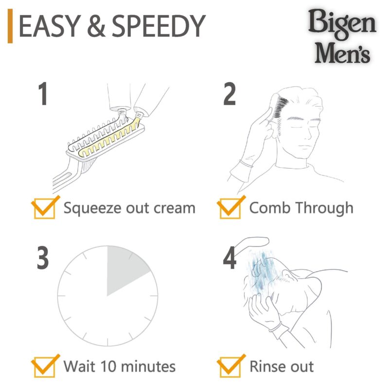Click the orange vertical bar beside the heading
click(x=10, y=28)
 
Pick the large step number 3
click(x=43, y=258)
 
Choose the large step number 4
click(x=230, y=258)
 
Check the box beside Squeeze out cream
click(x=43, y=208)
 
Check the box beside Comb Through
click(x=229, y=208)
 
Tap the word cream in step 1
click(x=171, y=208)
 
